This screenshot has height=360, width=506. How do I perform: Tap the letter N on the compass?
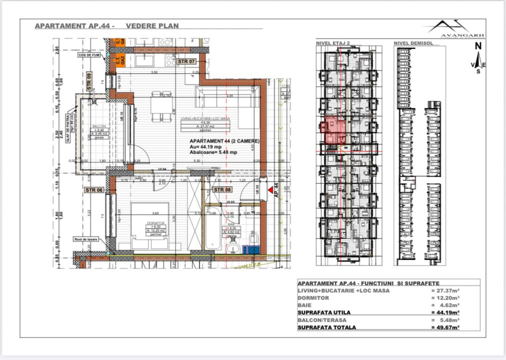(x=478, y=45)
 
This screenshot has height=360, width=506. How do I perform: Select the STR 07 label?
(x=185, y=61)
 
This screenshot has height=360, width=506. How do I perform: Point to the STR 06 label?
(x=94, y=190)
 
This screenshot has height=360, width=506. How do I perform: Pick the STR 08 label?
(x=222, y=190)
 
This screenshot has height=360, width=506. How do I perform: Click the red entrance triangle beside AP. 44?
(x=270, y=190)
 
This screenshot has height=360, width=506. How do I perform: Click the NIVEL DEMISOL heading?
(x=413, y=43)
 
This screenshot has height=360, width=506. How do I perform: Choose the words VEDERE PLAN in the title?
(x=152, y=25)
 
